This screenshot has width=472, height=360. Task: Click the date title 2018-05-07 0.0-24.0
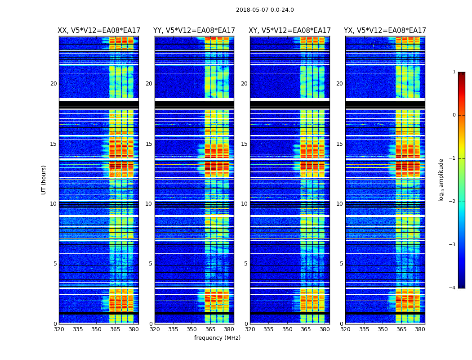(265, 10)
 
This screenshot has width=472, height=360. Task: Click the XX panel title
(99, 31)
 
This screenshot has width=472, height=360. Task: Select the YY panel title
(194, 31)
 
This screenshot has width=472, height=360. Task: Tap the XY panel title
(290, 31)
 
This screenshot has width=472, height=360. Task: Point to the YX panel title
(385, 31)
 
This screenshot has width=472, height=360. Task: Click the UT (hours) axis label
(44, 180)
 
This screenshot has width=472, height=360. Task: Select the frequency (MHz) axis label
(217, 338)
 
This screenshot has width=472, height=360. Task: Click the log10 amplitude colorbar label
(441, 180)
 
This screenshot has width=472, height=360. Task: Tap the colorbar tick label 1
(454, 72)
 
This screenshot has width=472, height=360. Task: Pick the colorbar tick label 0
(454, 115)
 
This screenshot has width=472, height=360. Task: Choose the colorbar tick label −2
(453, 202)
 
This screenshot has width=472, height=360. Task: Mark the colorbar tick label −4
(453, 288)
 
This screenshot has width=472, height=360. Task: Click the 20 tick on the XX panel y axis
(53, 84)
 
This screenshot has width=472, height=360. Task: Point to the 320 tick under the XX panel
(59, 329)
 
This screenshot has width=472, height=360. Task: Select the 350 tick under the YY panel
(192, 329)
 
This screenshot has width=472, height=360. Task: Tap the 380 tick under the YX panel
(420, 329)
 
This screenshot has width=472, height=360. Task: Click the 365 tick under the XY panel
(306, 329)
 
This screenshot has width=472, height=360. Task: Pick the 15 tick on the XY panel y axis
(244, 144)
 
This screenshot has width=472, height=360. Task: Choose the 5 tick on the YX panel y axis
(341, 264)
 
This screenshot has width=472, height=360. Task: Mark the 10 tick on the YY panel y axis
(149, 204)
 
